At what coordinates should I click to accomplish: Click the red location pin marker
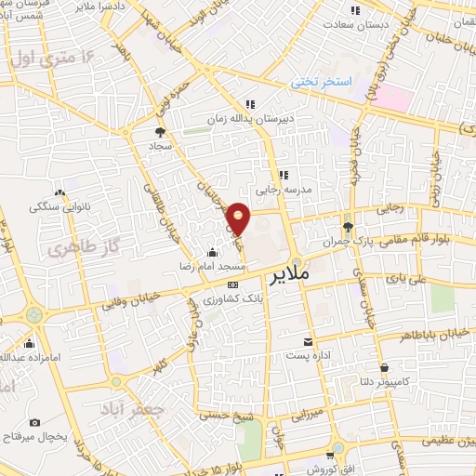point(239,218)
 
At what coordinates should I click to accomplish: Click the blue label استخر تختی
point(322,83)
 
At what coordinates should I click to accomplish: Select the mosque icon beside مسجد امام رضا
point(213,252)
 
